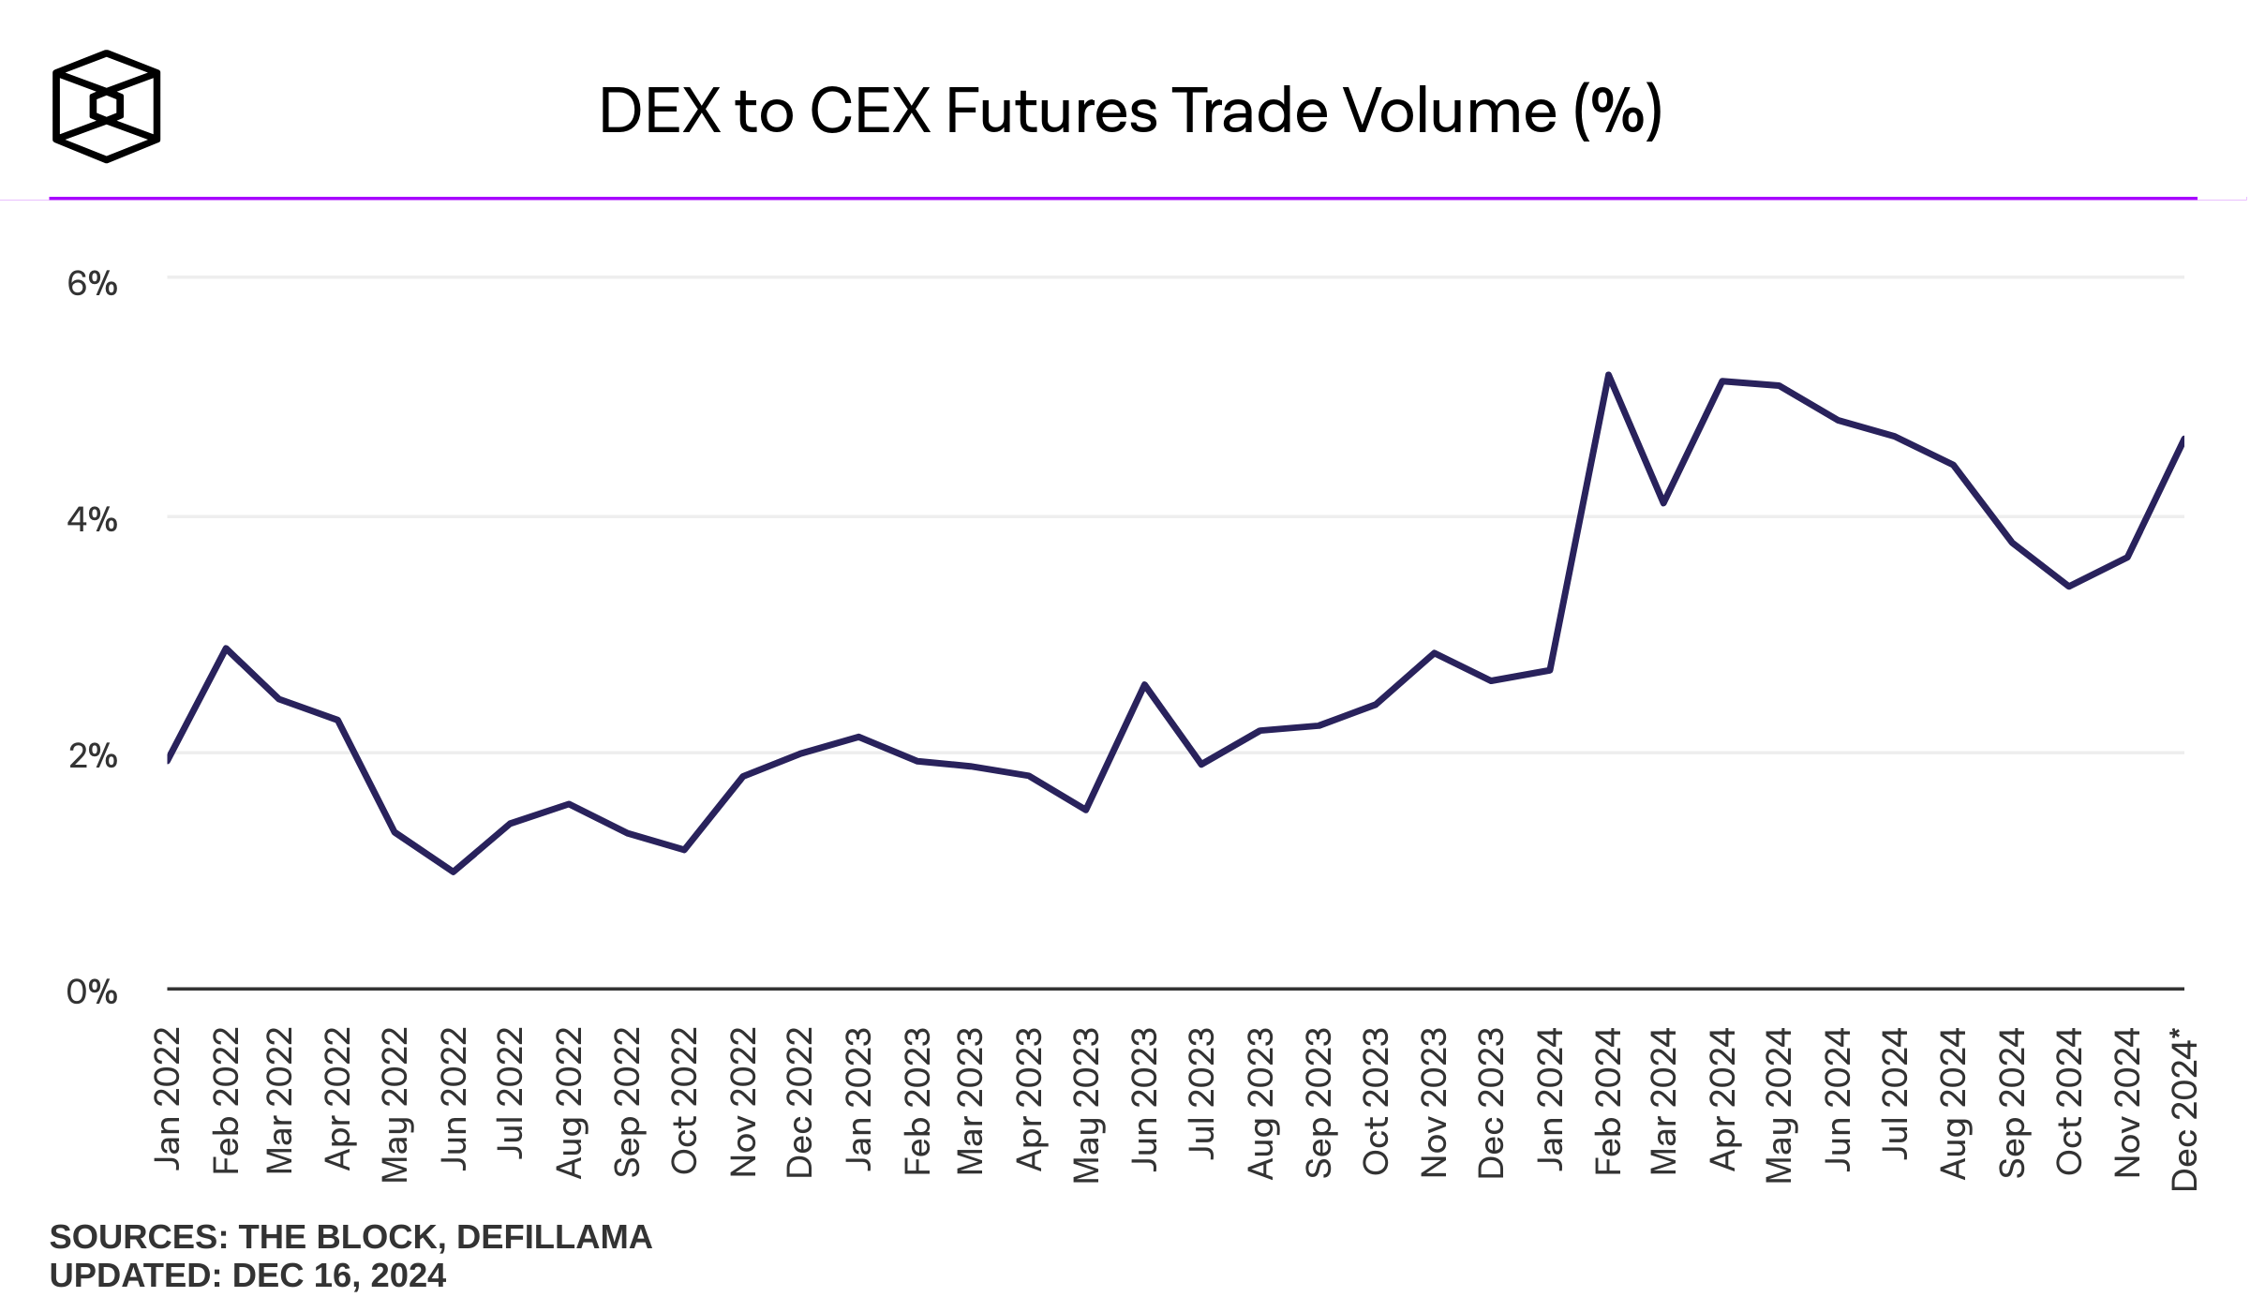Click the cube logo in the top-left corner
[x=106, y=106]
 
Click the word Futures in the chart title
[x=1050, y=111]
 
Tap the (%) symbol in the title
[x=1617, y=111]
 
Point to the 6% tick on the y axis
[x=92, y=283]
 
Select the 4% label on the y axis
[x=92, y=519]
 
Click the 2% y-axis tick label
[x=92, y=755]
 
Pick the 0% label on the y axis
[x=92, y=991]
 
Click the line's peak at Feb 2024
[x=1608, y=375]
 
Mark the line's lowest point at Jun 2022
[x=454, y=872]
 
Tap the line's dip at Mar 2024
[x=1663, y=503]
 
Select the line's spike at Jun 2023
[x=1144, y=685]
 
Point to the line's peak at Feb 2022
[x=226, y=649]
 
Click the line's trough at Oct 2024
[x=2068, y=586]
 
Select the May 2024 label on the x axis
[x=1779, y=1104]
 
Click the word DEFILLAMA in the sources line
[x=554, y=1237]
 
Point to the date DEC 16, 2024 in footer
[x=339, y=1275]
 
